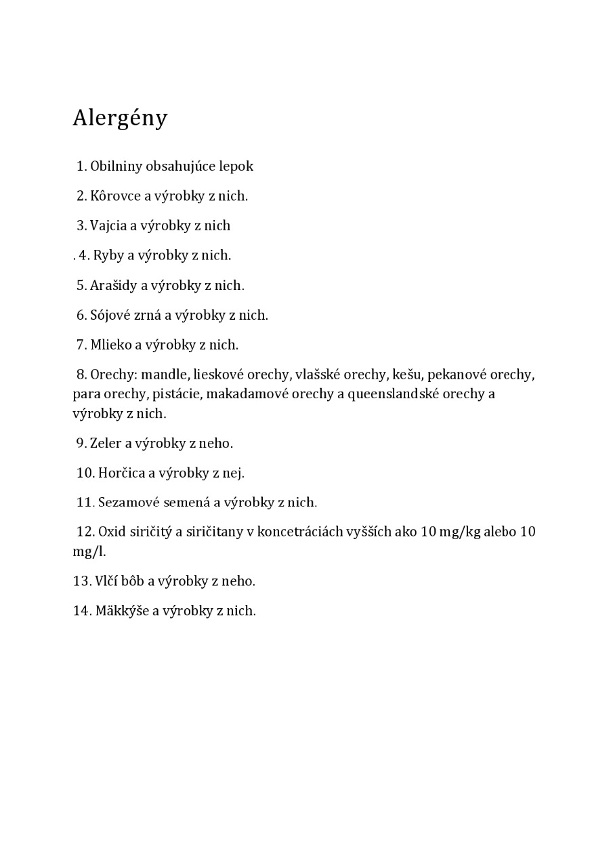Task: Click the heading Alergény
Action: pyautogui.click(x=120, y=118)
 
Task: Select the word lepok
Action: pyautogui.click(x=236, y=166)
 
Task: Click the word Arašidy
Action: pyautogui.click(x=114, y=285)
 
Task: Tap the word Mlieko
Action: pyautogui.click(x=110, y=345)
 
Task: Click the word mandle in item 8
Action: pyautogui.click(x=165, y=375)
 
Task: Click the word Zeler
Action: pyautogui.click(x=106, y=443)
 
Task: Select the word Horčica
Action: pyautogui.click(x=122, y=473)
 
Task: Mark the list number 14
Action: pyautogui.click(x=82, y=611)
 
